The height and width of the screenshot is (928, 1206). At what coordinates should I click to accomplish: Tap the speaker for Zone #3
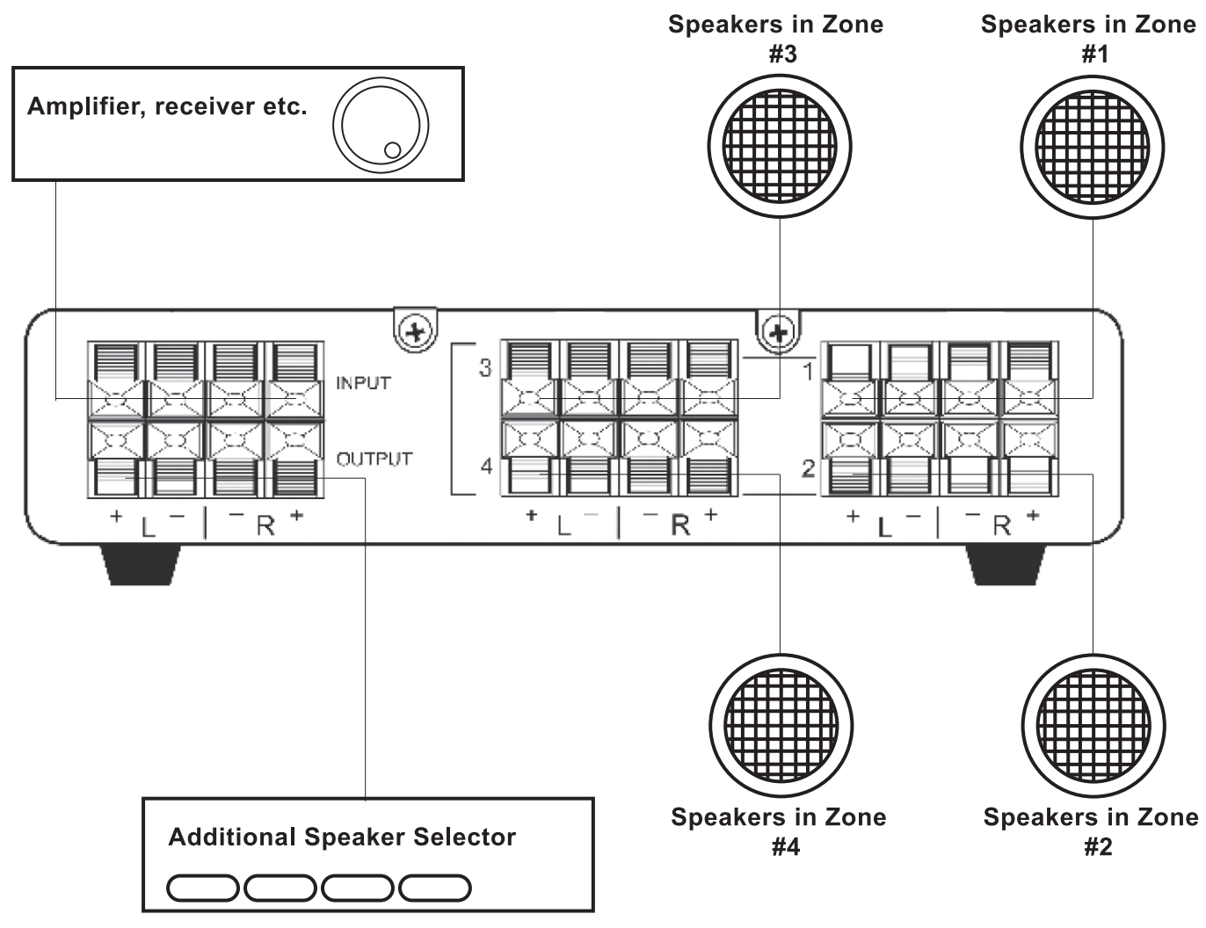[x=780, y=145]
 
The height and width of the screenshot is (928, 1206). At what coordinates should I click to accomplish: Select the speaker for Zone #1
[x=1093, y=145]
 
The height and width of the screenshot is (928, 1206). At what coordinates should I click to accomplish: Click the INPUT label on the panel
[x=363, y=383]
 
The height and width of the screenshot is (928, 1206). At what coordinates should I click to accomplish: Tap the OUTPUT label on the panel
[x=374, y=459]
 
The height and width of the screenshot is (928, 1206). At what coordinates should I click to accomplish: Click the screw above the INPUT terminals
[x=415, y=331]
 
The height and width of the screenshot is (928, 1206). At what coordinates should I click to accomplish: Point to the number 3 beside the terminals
[x=485, y=367]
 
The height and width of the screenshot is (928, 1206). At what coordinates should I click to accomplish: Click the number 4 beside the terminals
[x=486, y=466]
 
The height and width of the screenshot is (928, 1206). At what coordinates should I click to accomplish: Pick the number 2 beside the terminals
[x=809, y=468]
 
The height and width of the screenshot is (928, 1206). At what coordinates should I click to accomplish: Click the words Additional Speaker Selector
[x=342, y=837]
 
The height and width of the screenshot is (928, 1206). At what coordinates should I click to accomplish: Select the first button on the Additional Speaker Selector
[x=202, y=888]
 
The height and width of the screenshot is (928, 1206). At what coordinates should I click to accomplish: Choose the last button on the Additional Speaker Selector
[x=435, y=888]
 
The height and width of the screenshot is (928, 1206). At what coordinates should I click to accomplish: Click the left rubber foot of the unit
[x=142, y=564]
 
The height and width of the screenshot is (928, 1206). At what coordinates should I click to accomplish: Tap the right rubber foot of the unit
[x=1006, y=564]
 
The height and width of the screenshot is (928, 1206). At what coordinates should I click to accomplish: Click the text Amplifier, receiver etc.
[x=167, y=107]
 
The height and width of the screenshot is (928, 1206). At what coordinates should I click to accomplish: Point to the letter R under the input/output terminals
[x=265, y=526]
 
